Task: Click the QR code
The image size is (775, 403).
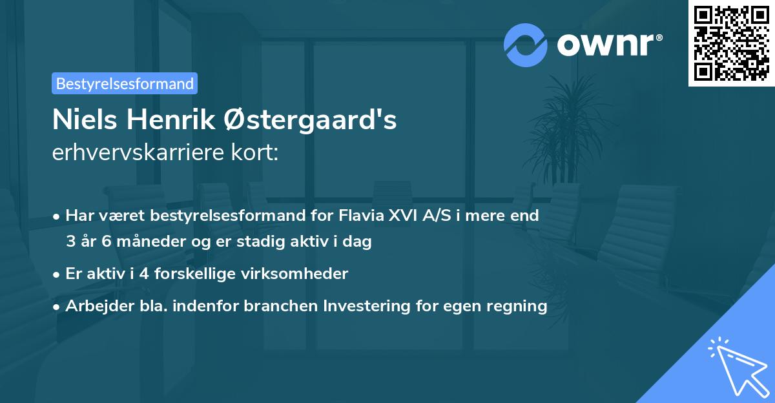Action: click(x=732, y=43)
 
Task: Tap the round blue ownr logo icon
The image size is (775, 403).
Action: click(x=526, y=45)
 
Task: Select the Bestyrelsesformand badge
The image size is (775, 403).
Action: click(x=125, y=83)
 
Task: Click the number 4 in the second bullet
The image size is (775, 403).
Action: click(x=129, y=274)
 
